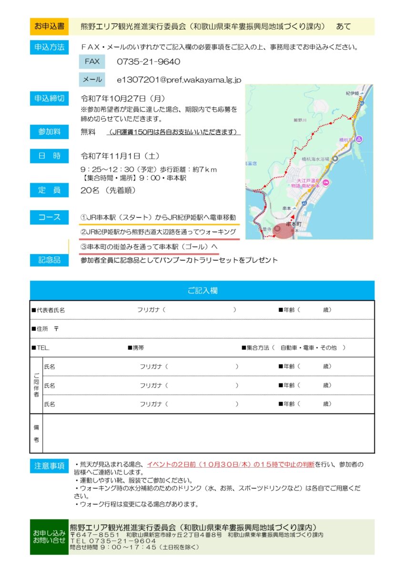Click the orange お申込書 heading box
[50, 27]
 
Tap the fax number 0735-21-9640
[149, 61]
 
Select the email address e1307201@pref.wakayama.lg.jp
[179, 80]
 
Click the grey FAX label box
[92, 61]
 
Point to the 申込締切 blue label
[50, 99]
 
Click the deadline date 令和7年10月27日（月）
[123, 99]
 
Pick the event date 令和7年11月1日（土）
[120, 156]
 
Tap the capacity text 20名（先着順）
[108, 190]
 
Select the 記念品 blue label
[50, 260]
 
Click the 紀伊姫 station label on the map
[353, 93]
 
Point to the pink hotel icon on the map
[326, 182]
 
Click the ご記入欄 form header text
[202, 290]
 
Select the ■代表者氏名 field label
[48, 310]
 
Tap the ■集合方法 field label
[258, 348]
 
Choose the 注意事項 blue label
[50, 466]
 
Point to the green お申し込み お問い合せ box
[49, 537]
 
